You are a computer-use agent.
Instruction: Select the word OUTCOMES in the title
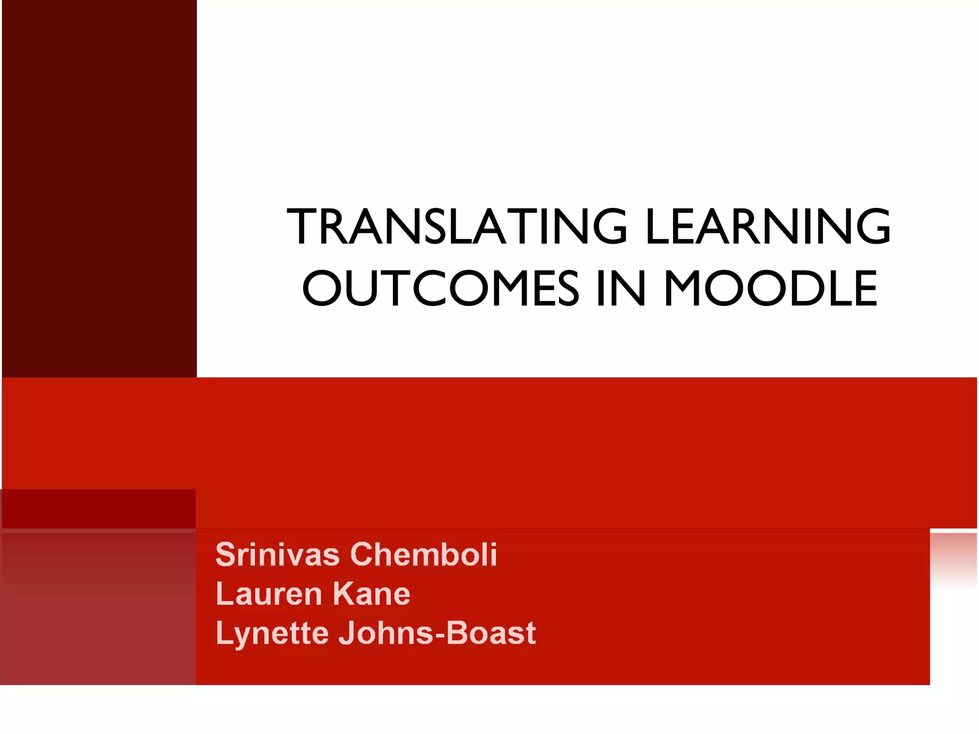point(440,289)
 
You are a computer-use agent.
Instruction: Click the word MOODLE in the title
point(771,289)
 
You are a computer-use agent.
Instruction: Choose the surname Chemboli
point(424,555)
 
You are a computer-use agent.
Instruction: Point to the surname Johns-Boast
point(437,634)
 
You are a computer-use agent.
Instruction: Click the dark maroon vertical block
point(99,189)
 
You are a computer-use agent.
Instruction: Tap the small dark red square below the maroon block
point(99,509)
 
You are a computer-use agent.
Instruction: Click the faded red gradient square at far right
point(953,559)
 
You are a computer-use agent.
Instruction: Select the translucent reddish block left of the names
point(98,607)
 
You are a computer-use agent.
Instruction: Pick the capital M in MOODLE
point(685,289)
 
